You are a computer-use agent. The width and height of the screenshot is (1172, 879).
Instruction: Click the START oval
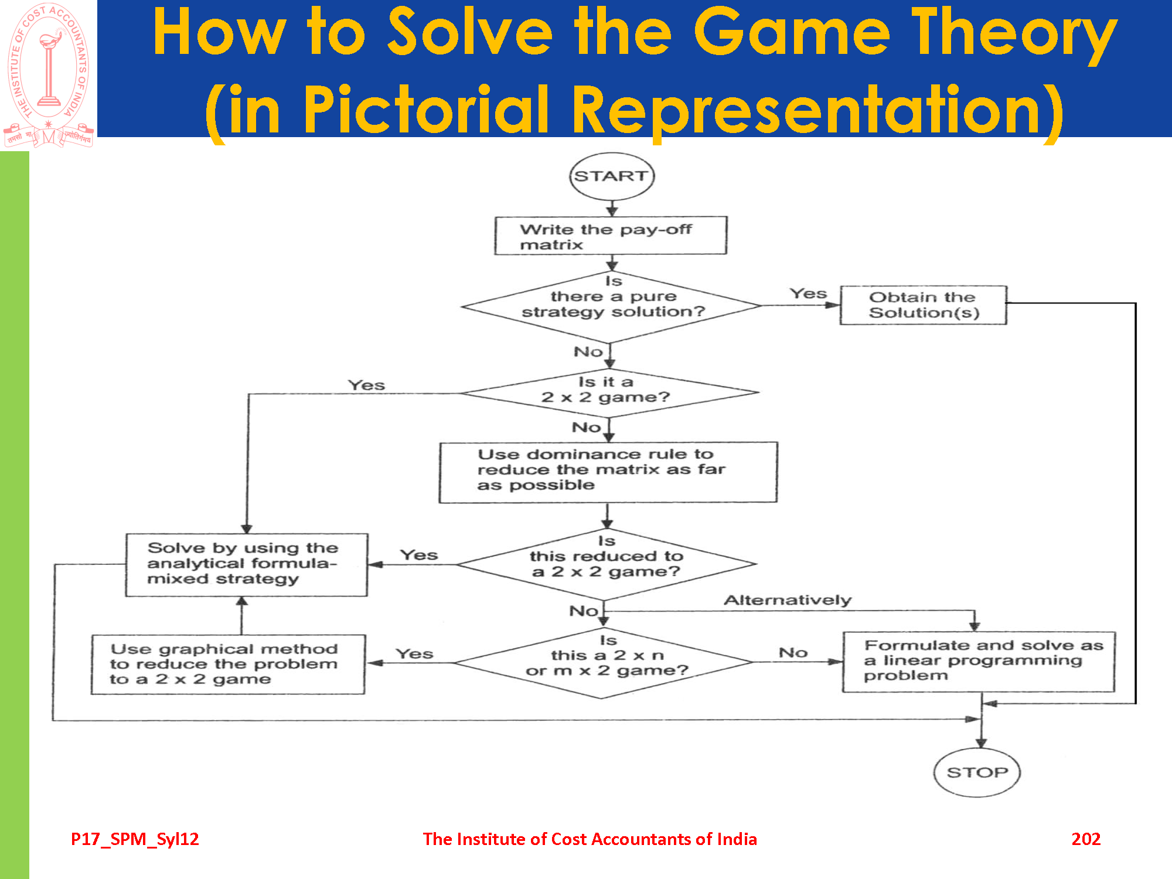tap(612, 176)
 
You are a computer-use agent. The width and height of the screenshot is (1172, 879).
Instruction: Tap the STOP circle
tap(977, 772)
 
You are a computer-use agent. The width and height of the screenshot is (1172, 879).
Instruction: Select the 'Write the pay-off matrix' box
tap(611, 236)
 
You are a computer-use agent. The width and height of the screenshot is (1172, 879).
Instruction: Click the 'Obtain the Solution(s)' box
tap(923, 305)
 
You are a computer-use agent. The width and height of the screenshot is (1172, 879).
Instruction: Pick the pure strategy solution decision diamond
tap(612, 306)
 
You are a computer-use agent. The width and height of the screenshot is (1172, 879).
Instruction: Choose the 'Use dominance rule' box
tap(608, 472)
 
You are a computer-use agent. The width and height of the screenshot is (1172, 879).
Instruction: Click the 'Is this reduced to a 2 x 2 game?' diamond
tap(607, 564)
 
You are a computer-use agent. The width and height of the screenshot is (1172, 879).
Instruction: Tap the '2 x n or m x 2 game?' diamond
tap(604, 663)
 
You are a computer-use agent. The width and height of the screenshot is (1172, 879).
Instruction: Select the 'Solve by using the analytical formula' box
tap(246, 564)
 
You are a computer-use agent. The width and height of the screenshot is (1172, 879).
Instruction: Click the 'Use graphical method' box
tap(228, 665)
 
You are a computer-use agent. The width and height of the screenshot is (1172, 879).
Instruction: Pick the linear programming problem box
tap(978, 662)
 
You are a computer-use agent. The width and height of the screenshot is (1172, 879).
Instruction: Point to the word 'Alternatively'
tap(788, 600)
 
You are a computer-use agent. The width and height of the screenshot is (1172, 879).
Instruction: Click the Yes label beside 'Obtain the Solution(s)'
tap(808, 294)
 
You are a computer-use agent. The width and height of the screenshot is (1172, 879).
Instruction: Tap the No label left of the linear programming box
tap(793, 652)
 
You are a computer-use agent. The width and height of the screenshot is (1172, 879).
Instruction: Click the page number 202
tap(1086, 839)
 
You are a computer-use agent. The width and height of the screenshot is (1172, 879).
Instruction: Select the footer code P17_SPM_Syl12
tap(135, 839)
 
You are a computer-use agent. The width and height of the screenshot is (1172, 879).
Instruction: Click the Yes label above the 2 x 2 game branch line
tap(366, 385)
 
